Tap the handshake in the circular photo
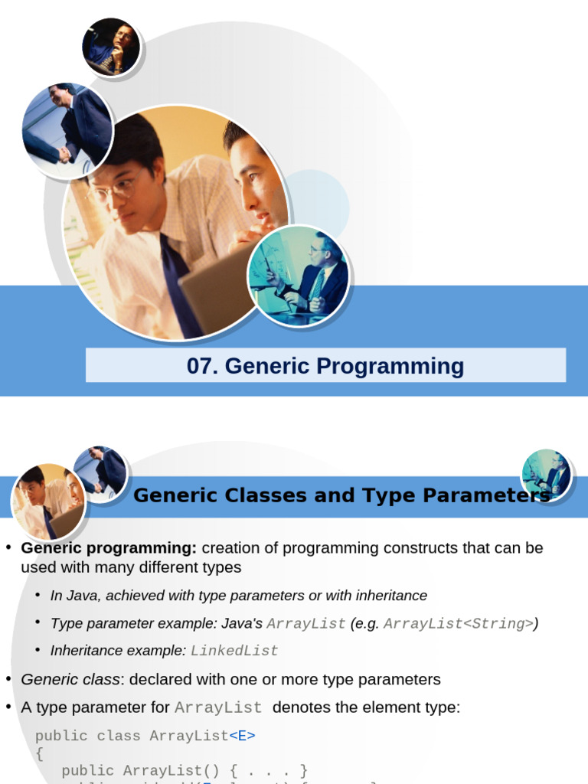point(64,154)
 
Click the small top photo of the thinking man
point(111,47)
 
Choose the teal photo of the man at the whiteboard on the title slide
point(299,276)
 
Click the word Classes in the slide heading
point(265,495)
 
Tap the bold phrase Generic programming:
point(109,548)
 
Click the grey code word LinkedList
point(234,651)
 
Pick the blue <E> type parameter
point(242,736)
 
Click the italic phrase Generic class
point(70,680)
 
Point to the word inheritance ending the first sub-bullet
point(391,596)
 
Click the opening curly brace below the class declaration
point(40,753)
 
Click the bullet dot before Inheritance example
point(38,649)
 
